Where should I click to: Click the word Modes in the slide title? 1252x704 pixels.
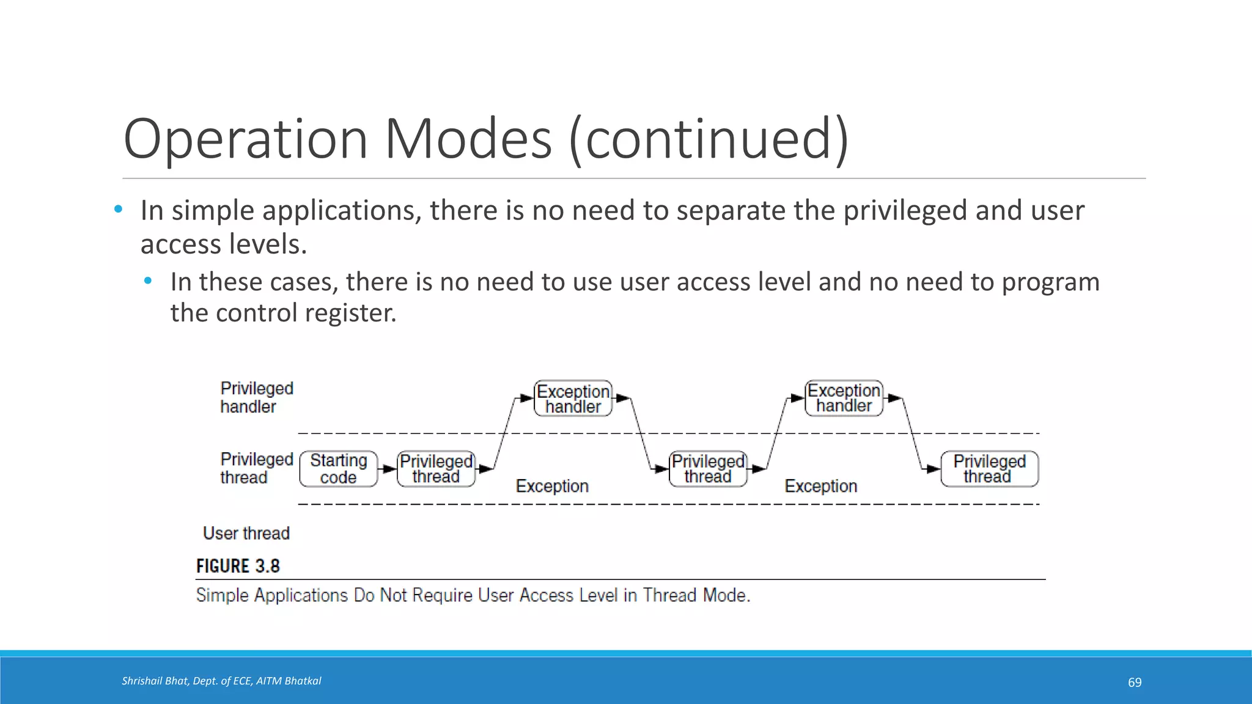click(x=468, y=139)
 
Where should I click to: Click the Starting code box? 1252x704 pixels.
click(x=339, y=469)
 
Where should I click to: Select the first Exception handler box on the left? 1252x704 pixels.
click(x=573, y=398)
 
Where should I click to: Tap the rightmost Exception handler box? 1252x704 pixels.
click(x=844, y=398)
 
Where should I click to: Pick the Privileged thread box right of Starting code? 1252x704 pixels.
click(x=436, y=469)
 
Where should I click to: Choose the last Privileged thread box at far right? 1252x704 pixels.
click(x=989, y=469)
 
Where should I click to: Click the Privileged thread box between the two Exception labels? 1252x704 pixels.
click(x=708, y=469)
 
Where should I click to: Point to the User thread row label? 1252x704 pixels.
click(x=246, y=533)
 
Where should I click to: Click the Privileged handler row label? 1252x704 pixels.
click(x=257, y=397)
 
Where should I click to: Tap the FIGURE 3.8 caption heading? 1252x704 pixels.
click(x=238, y=566)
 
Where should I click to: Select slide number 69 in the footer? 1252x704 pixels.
click(x=1135, y=683)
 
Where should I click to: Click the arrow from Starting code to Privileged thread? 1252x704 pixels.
click(x=388, y=469)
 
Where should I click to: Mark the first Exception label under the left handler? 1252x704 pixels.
click(x=552, y=486)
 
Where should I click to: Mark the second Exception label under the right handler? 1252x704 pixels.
click(x=821, y=486)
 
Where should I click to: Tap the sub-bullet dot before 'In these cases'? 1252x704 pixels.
click(x=148, y=281)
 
